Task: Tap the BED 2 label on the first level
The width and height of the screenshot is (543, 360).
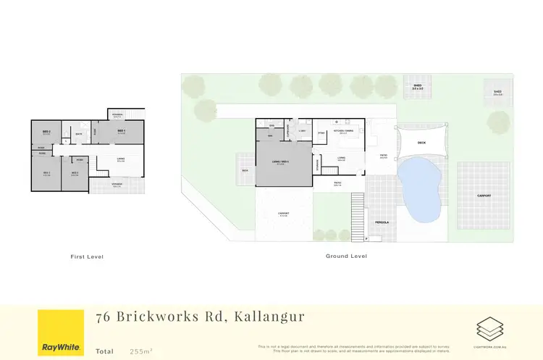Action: tap(46, 132)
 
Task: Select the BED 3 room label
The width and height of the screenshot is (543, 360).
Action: tap(46, 172)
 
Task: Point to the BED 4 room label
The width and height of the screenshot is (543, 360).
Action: tap(75, 172)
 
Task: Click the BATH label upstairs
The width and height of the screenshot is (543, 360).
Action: tap(77, 133)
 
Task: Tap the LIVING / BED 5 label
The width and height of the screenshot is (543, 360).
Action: tap(280, 162)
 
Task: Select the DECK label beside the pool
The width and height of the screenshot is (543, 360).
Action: tap(421, 143)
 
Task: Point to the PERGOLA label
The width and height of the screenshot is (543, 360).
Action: tap(382, 222)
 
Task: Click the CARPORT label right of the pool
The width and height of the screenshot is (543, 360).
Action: tap(484, 196)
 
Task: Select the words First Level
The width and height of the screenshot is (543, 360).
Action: tap(87, 256)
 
